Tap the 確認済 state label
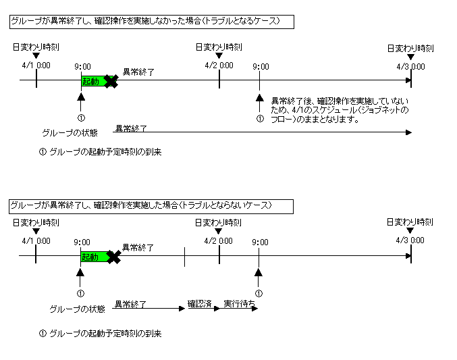click(x=200, y=304)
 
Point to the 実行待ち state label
click(x=239, y=304)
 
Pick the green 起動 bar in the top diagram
click(x=94, y=81)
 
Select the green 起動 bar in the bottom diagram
click(x=94, y=257)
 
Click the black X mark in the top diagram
click(x=111, y=81)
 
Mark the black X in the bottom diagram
click(x=114, y=257)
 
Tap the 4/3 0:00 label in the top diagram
click(x=410, y=66)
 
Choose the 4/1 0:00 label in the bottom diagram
click(x=36, y=241)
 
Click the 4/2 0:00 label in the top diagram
click(x=219, y=66)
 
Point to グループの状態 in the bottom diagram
click(x=78, y=309)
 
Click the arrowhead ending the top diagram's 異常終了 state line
click(x=408, y=132)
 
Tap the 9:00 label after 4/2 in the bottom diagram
click(x=260, y=242)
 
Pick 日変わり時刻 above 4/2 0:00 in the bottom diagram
click(x=218, y=222)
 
